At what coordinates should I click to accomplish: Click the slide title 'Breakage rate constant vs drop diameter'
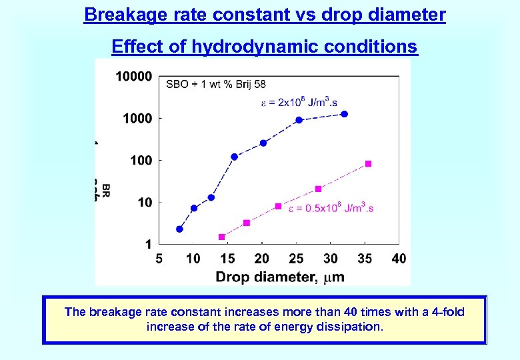tap(265, 15)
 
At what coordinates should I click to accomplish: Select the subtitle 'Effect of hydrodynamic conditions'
tap(265, 47)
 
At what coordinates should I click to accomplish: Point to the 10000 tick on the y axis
tap(133, 77)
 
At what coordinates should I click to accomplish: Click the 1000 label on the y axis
tap(137, 118)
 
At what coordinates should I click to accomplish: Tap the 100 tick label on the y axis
tap(140, 160)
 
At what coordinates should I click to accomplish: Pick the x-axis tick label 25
tap(296, 259)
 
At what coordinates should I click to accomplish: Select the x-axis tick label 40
tap(399, 259)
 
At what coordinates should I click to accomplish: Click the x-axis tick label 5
tap(159, 259)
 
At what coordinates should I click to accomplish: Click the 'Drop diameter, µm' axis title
tap(280, 276)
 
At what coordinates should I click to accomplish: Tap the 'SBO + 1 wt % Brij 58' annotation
tap(215, 84)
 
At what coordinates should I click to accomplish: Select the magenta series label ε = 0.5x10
tap(331, 208)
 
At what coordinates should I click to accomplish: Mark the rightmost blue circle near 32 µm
tap(344, 114)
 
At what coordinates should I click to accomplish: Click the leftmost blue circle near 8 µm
tap(179, 229)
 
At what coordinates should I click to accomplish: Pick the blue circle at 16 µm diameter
tap(234, 157)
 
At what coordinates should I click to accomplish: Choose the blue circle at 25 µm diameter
tap(299, 120)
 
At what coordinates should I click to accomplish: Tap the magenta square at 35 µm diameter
tap(368, 163)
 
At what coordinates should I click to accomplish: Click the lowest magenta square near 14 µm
tap(222, 237)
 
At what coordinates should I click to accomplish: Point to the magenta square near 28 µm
tap(318, 189)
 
